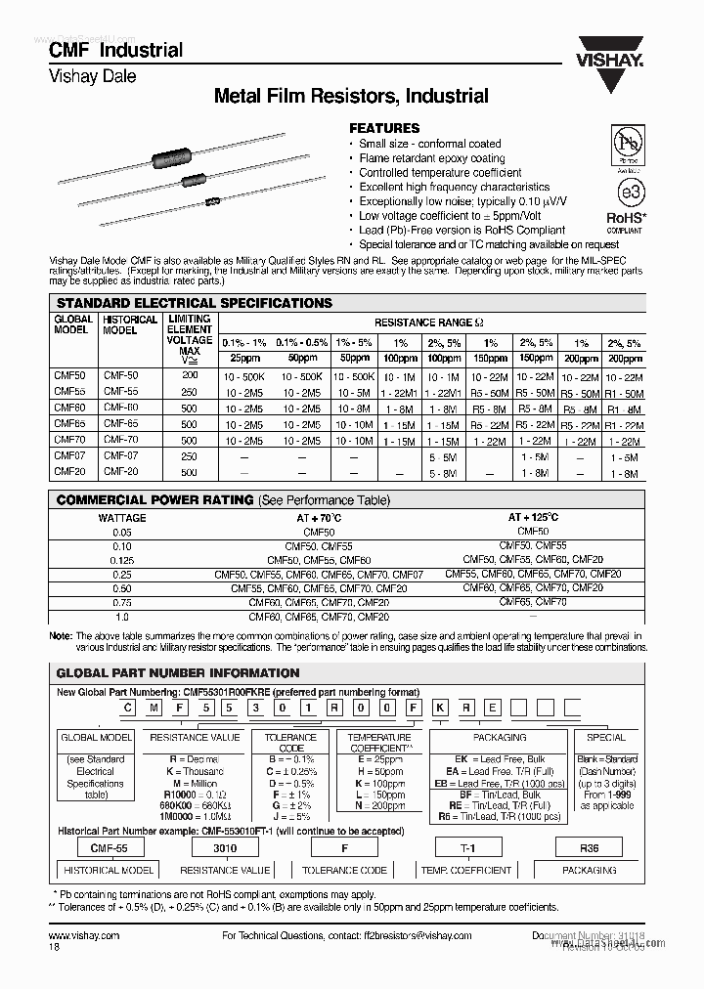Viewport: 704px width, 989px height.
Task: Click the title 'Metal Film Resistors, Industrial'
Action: [x=351, y=96]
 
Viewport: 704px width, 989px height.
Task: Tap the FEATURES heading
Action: [x=384, y=128]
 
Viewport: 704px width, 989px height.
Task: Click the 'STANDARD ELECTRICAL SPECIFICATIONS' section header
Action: [x=195, y=303]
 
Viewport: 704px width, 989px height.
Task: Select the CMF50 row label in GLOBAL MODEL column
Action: [x=69, y=375]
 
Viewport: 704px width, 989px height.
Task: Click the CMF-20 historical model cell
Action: [x=121, y=472]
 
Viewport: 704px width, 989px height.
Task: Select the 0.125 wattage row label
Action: [x=122, y=560]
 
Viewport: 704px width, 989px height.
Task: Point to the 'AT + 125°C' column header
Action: [x=533, y=517]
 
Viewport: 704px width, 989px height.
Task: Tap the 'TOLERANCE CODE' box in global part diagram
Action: [x=291, y=743]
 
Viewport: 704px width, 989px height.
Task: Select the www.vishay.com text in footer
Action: [x=84, y=935]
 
